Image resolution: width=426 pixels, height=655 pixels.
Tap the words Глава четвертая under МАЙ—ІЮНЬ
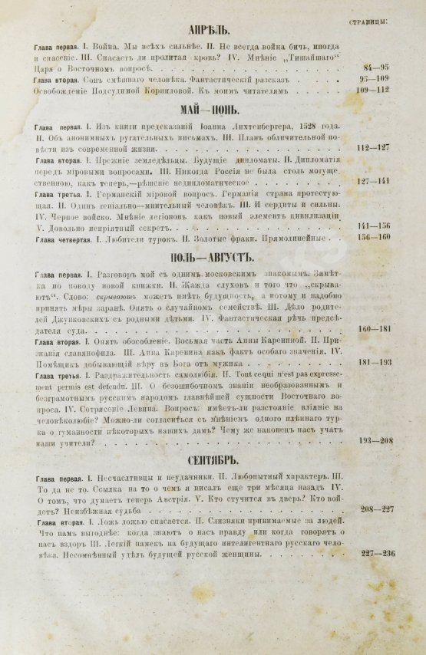(58, 237)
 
